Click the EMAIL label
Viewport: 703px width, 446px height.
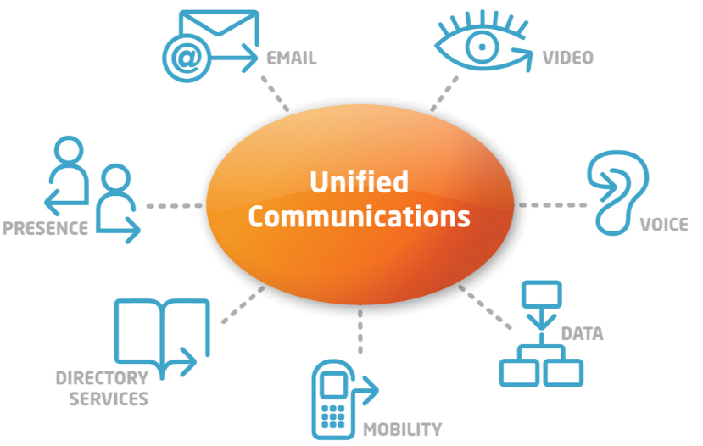point(292,59)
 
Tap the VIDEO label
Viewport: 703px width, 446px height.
point(568,58)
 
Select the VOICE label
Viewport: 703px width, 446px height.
point(664,224)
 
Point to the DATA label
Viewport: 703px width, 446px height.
point(583,333)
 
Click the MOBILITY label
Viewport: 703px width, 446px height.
point(402,429)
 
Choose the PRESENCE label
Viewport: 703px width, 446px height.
point(45,228)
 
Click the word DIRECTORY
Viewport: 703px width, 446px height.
point(102,378)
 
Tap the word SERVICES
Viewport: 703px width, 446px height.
point(109,399)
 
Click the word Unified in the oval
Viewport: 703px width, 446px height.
point(359,181)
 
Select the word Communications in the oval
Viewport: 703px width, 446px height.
point(359,216)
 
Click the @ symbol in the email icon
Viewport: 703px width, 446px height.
point(187,59)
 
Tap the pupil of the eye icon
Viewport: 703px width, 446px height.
point(483,47)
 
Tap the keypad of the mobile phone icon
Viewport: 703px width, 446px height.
point(333,417)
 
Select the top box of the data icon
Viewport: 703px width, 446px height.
point(542,294)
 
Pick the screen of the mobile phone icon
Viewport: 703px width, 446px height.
point(333,385)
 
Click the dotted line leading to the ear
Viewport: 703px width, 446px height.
point(552,205)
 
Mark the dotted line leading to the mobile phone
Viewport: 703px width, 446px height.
point(360,331)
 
